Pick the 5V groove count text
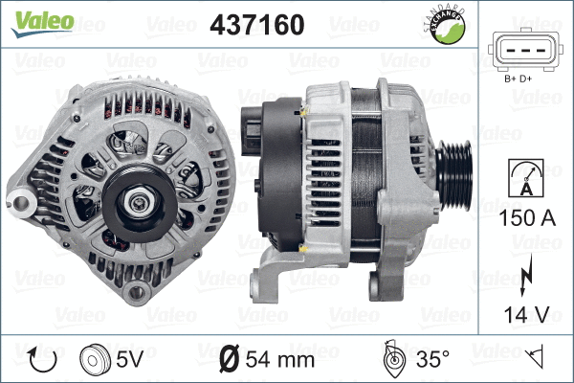pos(130,360)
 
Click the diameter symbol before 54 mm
pos(230,360)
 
